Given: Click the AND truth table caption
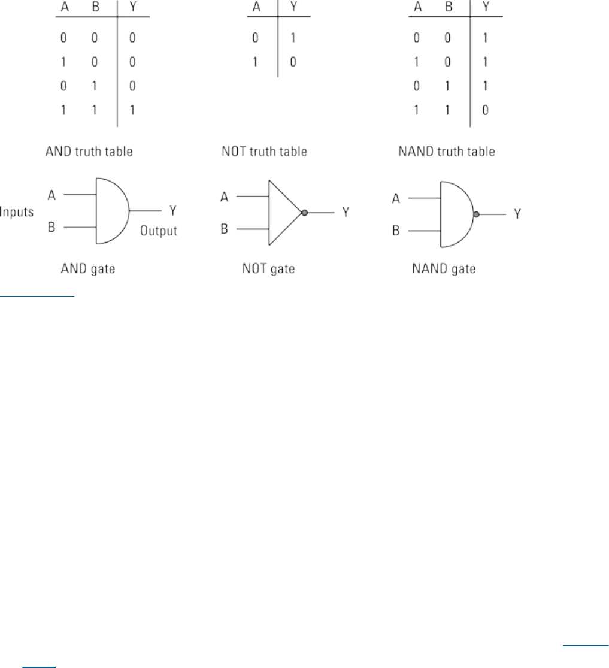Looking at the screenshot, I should pyautogui.click(x=89, y=152).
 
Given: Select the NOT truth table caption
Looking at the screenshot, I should pyautogui.click(x=263, y=152).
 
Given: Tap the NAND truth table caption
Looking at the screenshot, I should pyautogui.click(x=447, y=152).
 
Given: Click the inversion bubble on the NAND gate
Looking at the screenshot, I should pyautogui.click(x=476, y=214).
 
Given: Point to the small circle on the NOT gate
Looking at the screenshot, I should pyautogui.click(x=304, y=213).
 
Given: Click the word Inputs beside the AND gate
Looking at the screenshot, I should pyautogui.click(x=16, y=211).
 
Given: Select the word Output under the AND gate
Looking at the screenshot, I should pyautogui.click(x=159, y=231).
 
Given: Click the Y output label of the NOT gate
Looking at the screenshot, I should pyautogui.click(x=346, y=212).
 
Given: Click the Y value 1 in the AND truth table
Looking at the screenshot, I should pyautogui.click(x=132, y=111).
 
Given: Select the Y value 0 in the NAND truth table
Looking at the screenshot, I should pyautogui.click(x=485, y=111).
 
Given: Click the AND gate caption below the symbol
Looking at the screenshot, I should pyautogui.click(x=88, y=269).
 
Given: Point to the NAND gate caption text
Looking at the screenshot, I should pyautogui.click(x=444, y=269).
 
